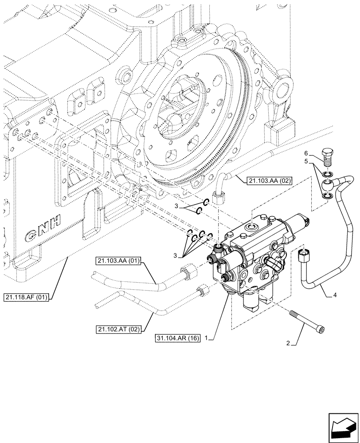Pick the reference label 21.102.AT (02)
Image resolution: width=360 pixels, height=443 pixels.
pyautogui.click(x=117, y=329)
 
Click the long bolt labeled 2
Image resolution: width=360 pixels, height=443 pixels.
pyautogui.click(x=308, y=322)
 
